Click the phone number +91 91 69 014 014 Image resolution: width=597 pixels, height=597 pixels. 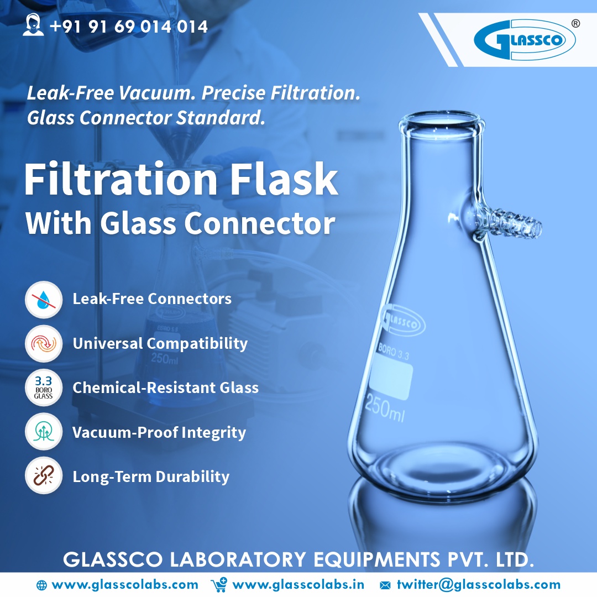click(x=128, y=26)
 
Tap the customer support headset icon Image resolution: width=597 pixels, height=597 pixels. click(x=33, y=25)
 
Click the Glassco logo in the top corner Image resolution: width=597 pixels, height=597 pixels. click(x=524, y=39)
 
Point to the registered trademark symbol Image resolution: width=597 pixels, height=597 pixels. click(x=575, y=24)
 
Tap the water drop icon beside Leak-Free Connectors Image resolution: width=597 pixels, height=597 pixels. click(x=43, y=300)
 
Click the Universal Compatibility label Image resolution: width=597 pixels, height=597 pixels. click(x=160, y=343)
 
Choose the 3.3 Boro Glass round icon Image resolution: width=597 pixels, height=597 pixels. click(x=43, y=388)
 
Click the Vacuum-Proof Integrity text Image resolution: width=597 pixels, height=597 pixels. click(x=159, y=432)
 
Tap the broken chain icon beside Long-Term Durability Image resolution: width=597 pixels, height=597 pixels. click(x=43, y=476)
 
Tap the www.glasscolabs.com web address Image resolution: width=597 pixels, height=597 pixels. click(x=124, y=584)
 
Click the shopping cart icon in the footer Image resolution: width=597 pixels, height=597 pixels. click(x=219, y=584)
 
